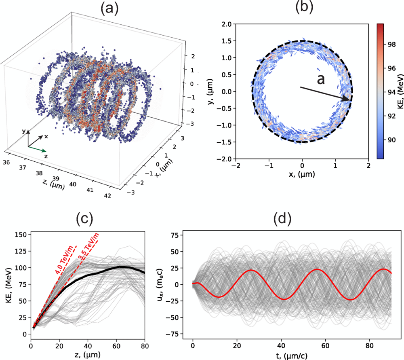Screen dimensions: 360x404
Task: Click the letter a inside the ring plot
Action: [x=320, y=79]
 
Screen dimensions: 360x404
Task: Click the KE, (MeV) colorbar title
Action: [x=399, y=91]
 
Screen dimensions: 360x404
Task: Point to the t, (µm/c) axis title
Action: [x=291, y=355]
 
